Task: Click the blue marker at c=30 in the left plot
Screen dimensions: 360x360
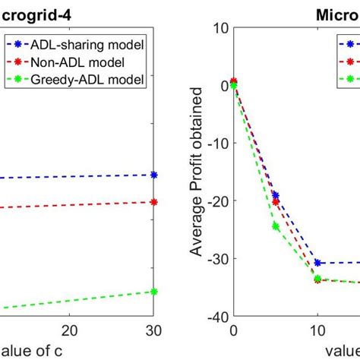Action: [x=154, y=175]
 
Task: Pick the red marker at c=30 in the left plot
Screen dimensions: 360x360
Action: [x=154, y=202]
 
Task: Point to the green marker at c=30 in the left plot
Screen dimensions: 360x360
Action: [x=154, y=292]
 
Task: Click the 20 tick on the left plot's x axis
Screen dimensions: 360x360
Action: [x=70, y=330]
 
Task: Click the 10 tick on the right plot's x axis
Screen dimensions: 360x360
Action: [x=317, y=330]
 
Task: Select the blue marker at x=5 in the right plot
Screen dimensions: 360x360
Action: [x=276, y=195]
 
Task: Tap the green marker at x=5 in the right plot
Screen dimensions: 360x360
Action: [x=276, y=226]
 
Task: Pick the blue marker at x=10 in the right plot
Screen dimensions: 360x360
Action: [x=317, y=263]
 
